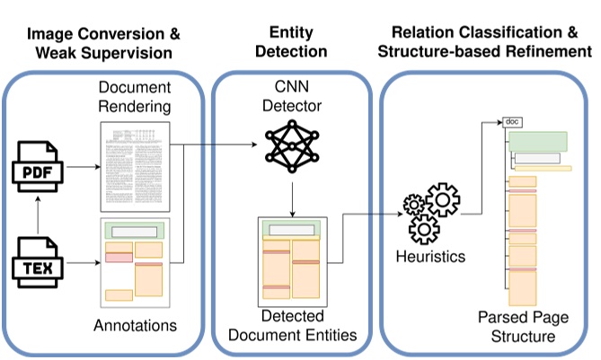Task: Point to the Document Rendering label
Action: coord(136,100)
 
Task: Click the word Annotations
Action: coord(136,324)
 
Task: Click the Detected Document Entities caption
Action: coord(292,326)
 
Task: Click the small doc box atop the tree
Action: coord(512,121)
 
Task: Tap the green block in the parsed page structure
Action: coord(539,141)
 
